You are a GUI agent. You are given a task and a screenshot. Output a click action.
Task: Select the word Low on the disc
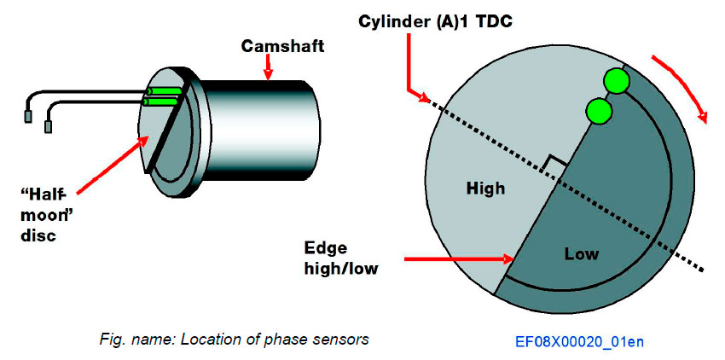[582, 253]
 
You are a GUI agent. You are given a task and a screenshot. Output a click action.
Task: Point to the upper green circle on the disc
[617, 81]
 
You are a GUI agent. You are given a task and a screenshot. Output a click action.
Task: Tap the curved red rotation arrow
[682, 89]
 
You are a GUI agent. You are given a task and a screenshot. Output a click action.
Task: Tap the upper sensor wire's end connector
[29, 112]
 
